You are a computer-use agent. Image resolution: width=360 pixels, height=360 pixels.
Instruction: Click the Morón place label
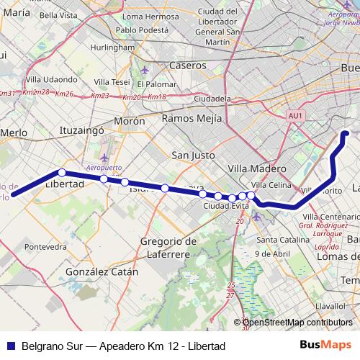[x=130, y=122]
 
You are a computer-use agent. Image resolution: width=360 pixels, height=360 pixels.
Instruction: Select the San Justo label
[x=194, y=154]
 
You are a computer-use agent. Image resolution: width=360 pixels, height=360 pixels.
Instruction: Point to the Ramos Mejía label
[x=192, y=118]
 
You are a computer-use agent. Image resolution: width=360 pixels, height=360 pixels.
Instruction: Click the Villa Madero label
[x=257, y=168]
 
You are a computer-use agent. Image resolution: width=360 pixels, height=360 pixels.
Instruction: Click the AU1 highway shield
[x=294, y=114]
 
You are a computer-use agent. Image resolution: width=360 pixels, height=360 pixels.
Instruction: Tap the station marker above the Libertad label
[x=62, y=173]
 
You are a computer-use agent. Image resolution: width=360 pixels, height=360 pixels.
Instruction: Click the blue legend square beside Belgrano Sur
[x=9, y=346]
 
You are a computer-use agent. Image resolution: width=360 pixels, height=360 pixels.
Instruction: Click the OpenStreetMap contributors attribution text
[x=295, y=323]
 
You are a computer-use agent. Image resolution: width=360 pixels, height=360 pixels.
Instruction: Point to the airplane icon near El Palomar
[x=145, y=71]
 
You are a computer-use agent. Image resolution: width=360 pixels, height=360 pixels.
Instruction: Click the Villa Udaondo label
[x=51, y=79]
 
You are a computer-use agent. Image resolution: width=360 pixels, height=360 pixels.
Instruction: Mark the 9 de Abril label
[x=272, y=253]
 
